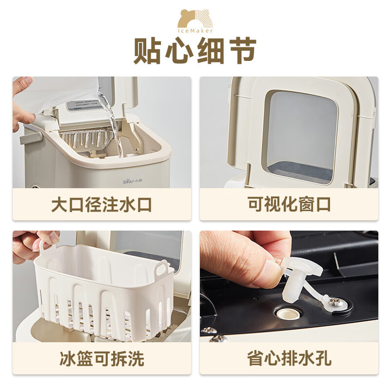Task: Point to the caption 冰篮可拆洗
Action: pyautogui.click(x=101, y=359)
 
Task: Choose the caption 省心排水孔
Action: pyautogui.click(x=289, y=359)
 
